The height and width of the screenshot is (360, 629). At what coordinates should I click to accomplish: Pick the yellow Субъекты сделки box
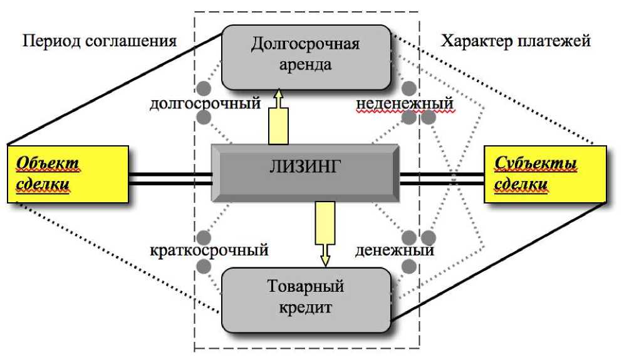(x=545, y=175)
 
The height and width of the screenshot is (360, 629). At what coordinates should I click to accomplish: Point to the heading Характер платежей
(x=516, y=42)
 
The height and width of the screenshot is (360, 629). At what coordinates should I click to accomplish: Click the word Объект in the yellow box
(x=48, y=164)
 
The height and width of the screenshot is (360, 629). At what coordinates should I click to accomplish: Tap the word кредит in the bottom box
(x=305, y=308)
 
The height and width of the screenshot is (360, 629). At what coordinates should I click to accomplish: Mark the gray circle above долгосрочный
(x=203, y=88)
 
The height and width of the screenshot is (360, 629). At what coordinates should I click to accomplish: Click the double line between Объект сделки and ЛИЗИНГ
(x=169, y=179)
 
